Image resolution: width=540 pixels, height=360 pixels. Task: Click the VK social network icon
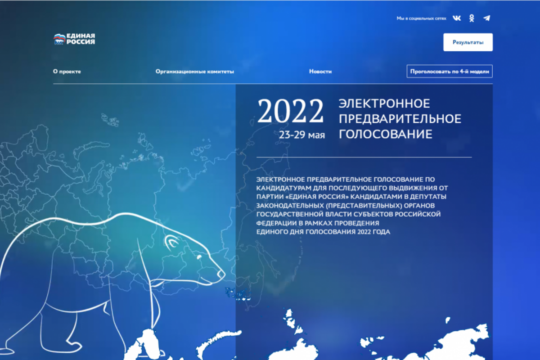(457, 18)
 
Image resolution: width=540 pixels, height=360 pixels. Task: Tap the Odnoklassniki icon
(472, 18)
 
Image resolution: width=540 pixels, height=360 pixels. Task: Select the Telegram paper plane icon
(487, 18)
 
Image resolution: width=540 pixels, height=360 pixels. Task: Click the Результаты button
(468, 42)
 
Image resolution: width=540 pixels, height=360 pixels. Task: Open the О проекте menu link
(67, 72)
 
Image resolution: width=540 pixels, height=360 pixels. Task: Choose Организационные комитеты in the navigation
(195, 72)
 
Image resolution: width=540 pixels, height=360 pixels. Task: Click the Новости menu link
(320, 72)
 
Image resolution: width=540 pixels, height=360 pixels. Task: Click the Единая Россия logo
(74, 39)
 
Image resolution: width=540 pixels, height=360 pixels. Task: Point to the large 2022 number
(291, 111)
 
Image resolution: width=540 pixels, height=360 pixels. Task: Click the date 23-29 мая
(302, 135)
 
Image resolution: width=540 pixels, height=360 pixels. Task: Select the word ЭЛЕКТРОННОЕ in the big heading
(384, 103)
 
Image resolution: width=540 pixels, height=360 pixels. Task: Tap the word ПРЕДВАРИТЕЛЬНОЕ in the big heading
(400, 119)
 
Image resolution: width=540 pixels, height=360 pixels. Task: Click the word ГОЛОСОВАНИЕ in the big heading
(386, 134)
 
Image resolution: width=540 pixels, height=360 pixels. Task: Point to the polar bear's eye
(199, 257)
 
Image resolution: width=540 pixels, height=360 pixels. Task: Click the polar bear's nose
(221, 274)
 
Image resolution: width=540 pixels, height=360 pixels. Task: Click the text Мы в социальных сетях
(421, 18)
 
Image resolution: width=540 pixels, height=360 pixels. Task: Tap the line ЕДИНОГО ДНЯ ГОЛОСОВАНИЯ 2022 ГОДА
(323, 232)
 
